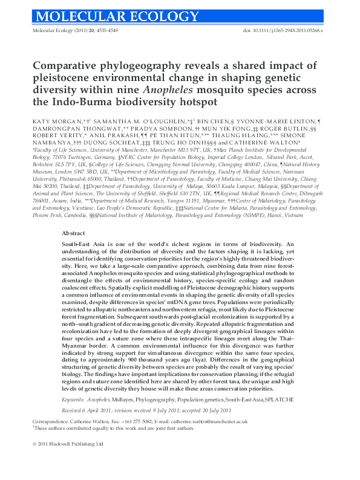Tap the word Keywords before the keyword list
coord(73,400)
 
